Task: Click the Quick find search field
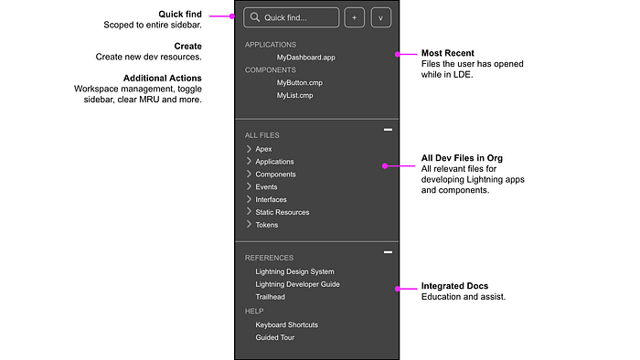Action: [291, 17]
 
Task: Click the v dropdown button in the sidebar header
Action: [381, 17]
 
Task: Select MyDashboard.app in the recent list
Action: [305, 58]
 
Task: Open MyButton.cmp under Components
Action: [300, 83]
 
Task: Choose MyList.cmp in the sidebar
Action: [294, 95]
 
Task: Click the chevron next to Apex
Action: [249, 149]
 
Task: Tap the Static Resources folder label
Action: [282, 212]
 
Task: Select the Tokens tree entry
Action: [267, 225]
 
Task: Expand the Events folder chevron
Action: [249, 186]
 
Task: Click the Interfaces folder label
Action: [271, 200]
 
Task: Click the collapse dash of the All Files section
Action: [388, 130]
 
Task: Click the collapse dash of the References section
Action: [388, 252]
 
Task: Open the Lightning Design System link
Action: [294, 271]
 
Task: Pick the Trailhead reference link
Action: [271, 297]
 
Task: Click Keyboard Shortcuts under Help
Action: [286, 325]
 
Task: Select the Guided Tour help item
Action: [274, 337]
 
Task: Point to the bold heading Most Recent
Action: [448, 53]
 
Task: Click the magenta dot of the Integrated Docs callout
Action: [397, 289]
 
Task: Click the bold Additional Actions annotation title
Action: [163, 78]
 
